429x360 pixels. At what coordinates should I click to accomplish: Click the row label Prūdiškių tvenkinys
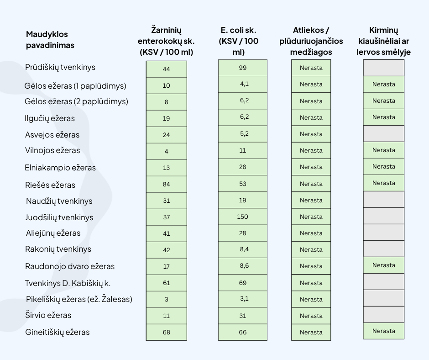[x=60, y=67]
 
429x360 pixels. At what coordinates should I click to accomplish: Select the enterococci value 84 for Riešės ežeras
[x=166, y=184]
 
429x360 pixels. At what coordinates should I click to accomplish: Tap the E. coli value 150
[x=242, y=217]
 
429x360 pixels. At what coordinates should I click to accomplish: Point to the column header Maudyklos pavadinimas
[x=50, y=40]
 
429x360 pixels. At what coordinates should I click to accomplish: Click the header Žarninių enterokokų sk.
[x=166, y=41]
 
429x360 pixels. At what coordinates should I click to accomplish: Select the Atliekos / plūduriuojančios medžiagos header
[x=311, y=41]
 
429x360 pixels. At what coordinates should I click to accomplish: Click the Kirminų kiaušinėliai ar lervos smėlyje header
[x=383, y=41]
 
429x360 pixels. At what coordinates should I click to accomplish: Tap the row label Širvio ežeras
[x=48, y=315]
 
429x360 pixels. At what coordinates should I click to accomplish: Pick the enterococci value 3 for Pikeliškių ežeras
[x=166, y=299]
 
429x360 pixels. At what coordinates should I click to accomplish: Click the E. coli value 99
[x=242, y=68]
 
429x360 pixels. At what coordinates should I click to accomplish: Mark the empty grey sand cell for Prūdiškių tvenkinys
[x=383, y=68]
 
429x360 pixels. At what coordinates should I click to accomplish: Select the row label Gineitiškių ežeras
[x=58, y=332]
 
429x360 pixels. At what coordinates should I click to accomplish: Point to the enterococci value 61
[x=166, y=283]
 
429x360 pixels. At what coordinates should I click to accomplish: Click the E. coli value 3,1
[x=242, y=299]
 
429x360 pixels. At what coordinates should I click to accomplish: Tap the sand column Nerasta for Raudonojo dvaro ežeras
[x=383, y=265]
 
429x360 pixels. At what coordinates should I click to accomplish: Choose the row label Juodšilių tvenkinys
[x=59, y=217]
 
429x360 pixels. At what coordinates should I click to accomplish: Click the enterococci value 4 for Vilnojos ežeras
[x=166, y=151]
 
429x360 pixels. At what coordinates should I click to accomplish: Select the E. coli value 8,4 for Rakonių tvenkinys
[x=242, y=249]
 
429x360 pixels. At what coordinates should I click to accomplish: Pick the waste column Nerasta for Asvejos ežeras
[x=311, y=134]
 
